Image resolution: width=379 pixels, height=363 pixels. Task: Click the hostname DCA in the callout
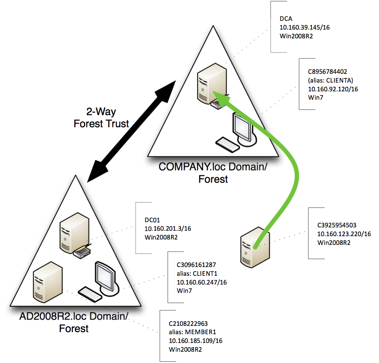pos(286,19)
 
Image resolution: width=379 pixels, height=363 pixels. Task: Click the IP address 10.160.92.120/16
pos(333,89)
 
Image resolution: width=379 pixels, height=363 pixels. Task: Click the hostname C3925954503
pos(337,225)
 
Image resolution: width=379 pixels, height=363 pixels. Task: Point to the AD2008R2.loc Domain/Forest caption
pos(74,322)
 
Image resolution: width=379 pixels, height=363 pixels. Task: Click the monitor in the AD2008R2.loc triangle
pos(106,277)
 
